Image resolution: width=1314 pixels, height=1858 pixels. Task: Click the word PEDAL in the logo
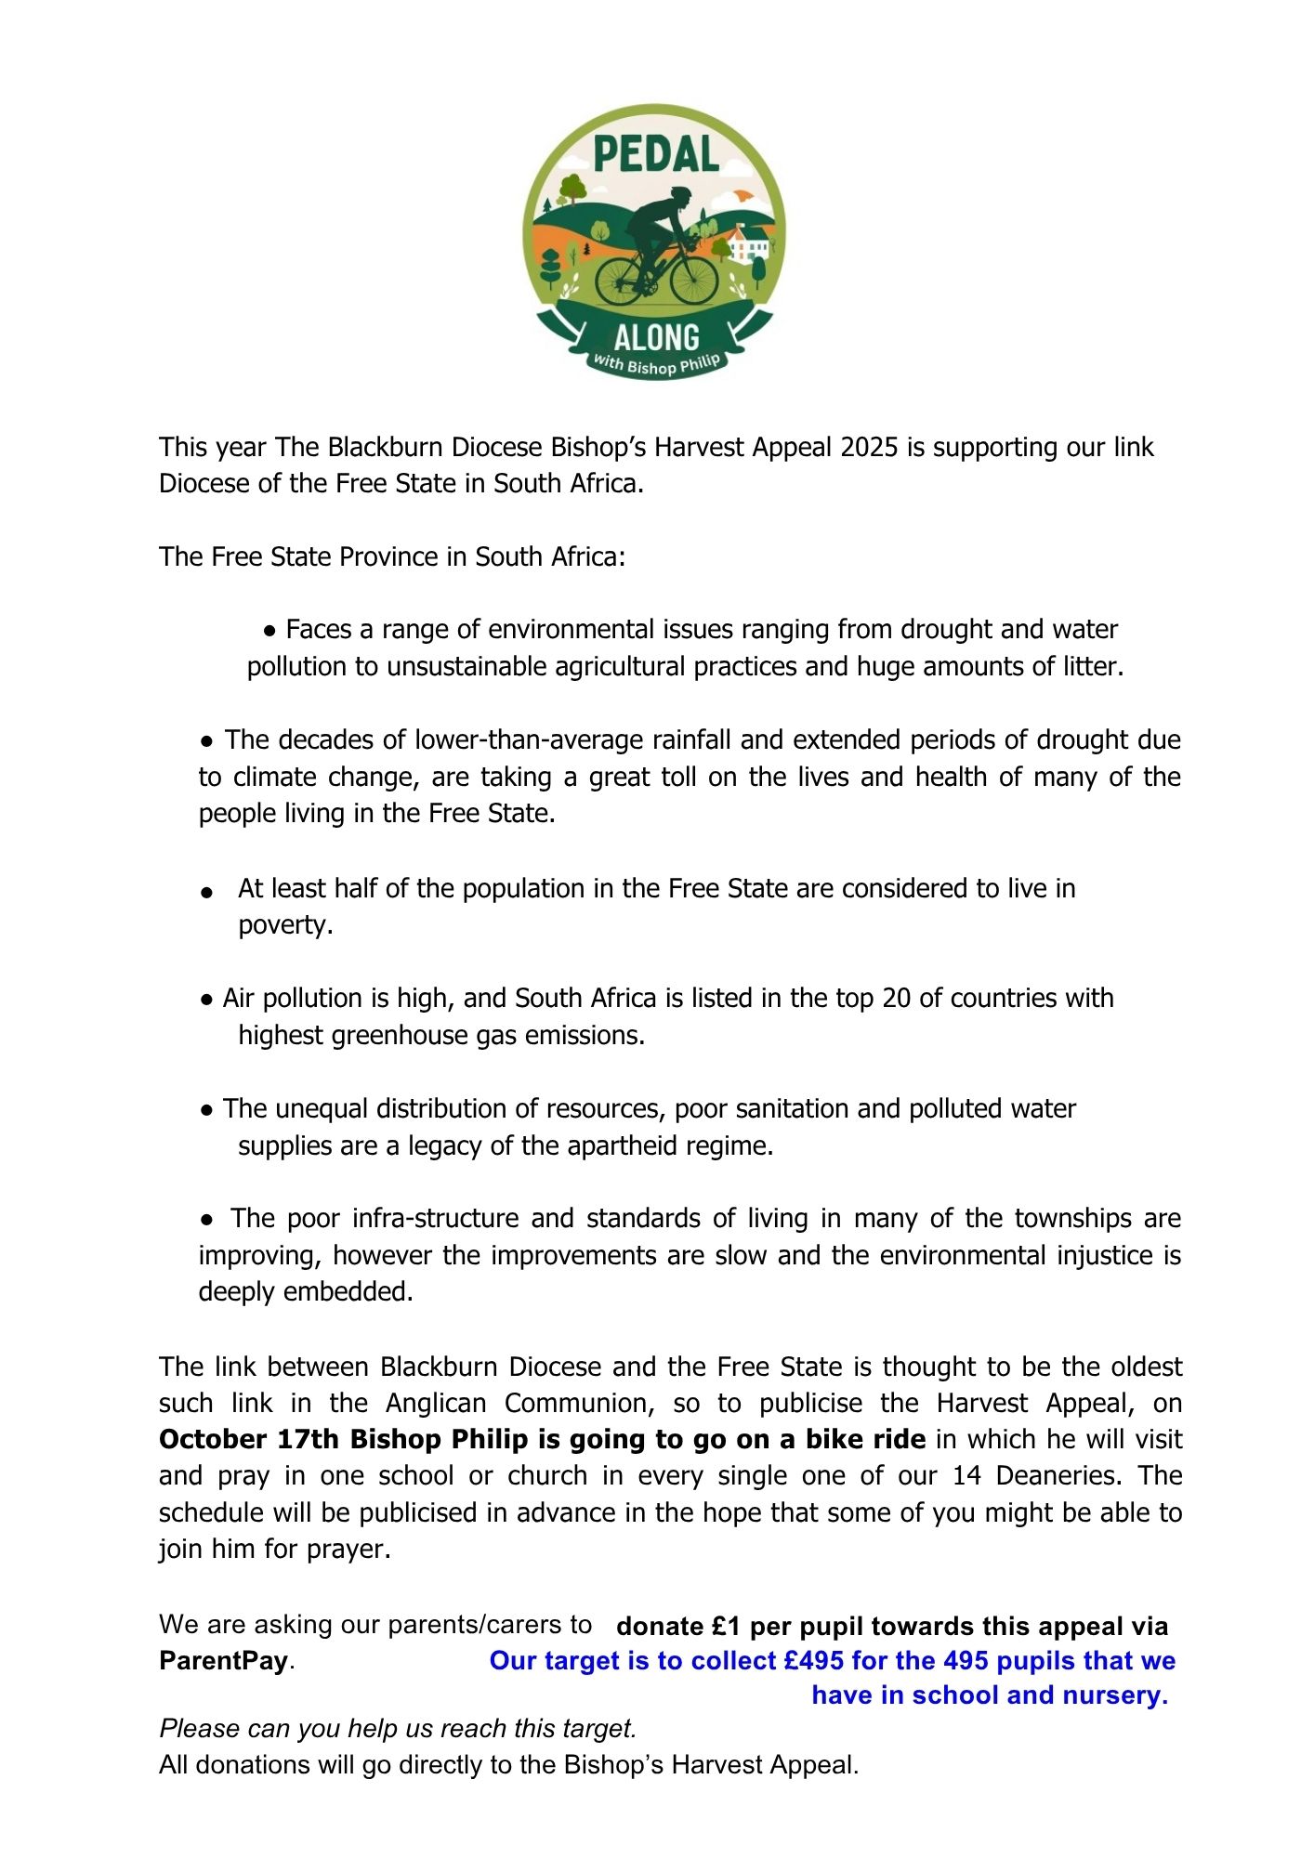(656, 154)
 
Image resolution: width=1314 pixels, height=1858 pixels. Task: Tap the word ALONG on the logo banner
(656, 337)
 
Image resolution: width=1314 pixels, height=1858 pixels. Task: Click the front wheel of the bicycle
(693, 280)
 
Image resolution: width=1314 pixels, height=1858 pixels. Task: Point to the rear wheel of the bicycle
(620, 281)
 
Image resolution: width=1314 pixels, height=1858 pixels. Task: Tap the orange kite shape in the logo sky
(742, 194)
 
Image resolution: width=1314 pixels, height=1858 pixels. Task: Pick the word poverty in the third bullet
(283, 925)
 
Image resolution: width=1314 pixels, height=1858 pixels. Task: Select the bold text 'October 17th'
(251, 1440)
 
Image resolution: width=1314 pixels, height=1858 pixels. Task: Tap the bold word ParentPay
(224, 1661)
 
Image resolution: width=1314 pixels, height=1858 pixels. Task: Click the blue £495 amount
(812, 1661)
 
